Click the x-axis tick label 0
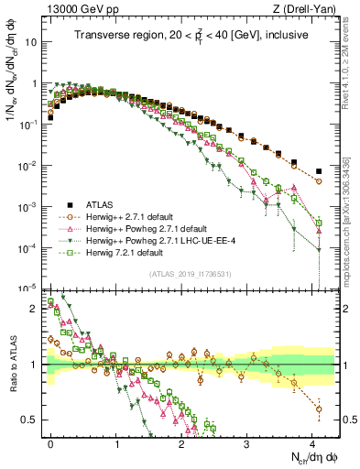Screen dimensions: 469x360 tap(51, 441)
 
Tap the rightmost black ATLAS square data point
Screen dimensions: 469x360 tap(318, 171)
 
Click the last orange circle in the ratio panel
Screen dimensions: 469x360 tap(318, 409)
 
